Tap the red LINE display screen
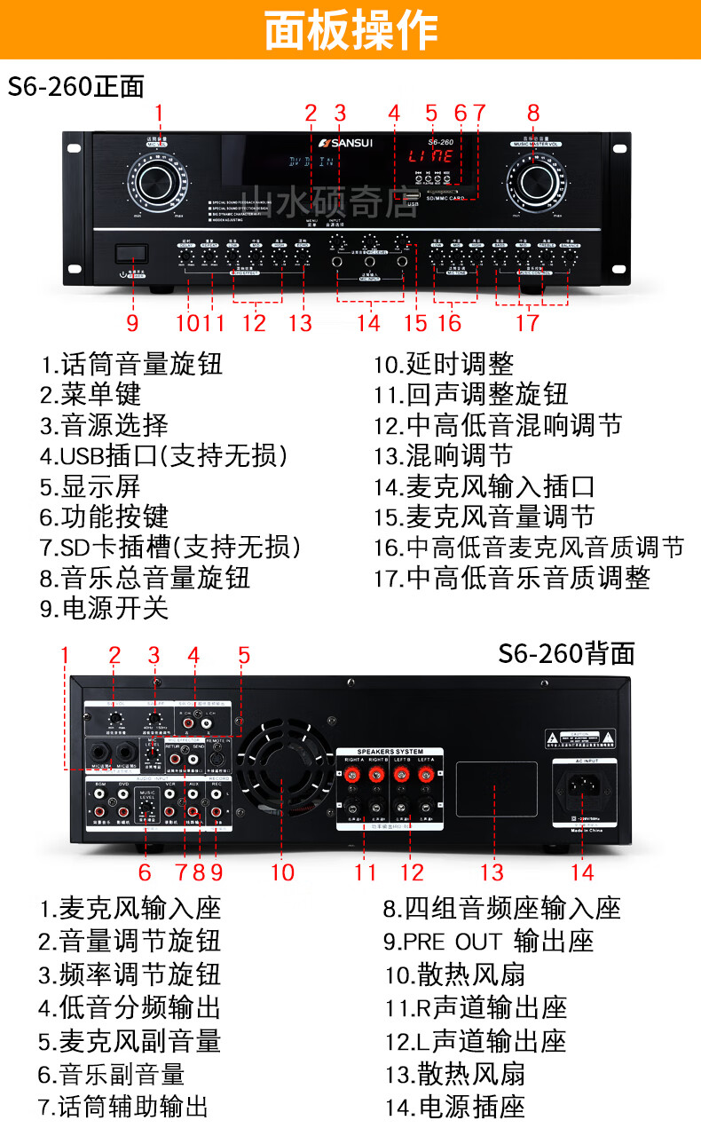tap(431, 157)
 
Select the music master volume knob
tap(534, 181)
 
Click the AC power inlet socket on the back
tap(582, 787)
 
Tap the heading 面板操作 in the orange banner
tap(350, 30)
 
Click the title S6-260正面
tap(76, 86)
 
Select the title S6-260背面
tap(566, 653)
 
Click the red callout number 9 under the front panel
tap(132, 322)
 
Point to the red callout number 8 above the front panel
tap(533, 113)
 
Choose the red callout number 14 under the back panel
tap(582, 872)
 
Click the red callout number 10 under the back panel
tap(282, 872)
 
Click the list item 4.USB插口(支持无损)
tap(163, 455)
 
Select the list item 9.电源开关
tap(103, 608)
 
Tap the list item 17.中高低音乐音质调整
tap(511, 578)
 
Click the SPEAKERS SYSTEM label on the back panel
tap(390, 753)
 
